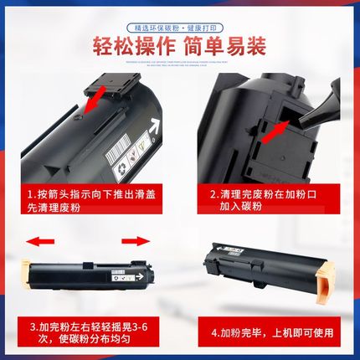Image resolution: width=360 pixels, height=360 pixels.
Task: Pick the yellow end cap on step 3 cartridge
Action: [29, 272]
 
